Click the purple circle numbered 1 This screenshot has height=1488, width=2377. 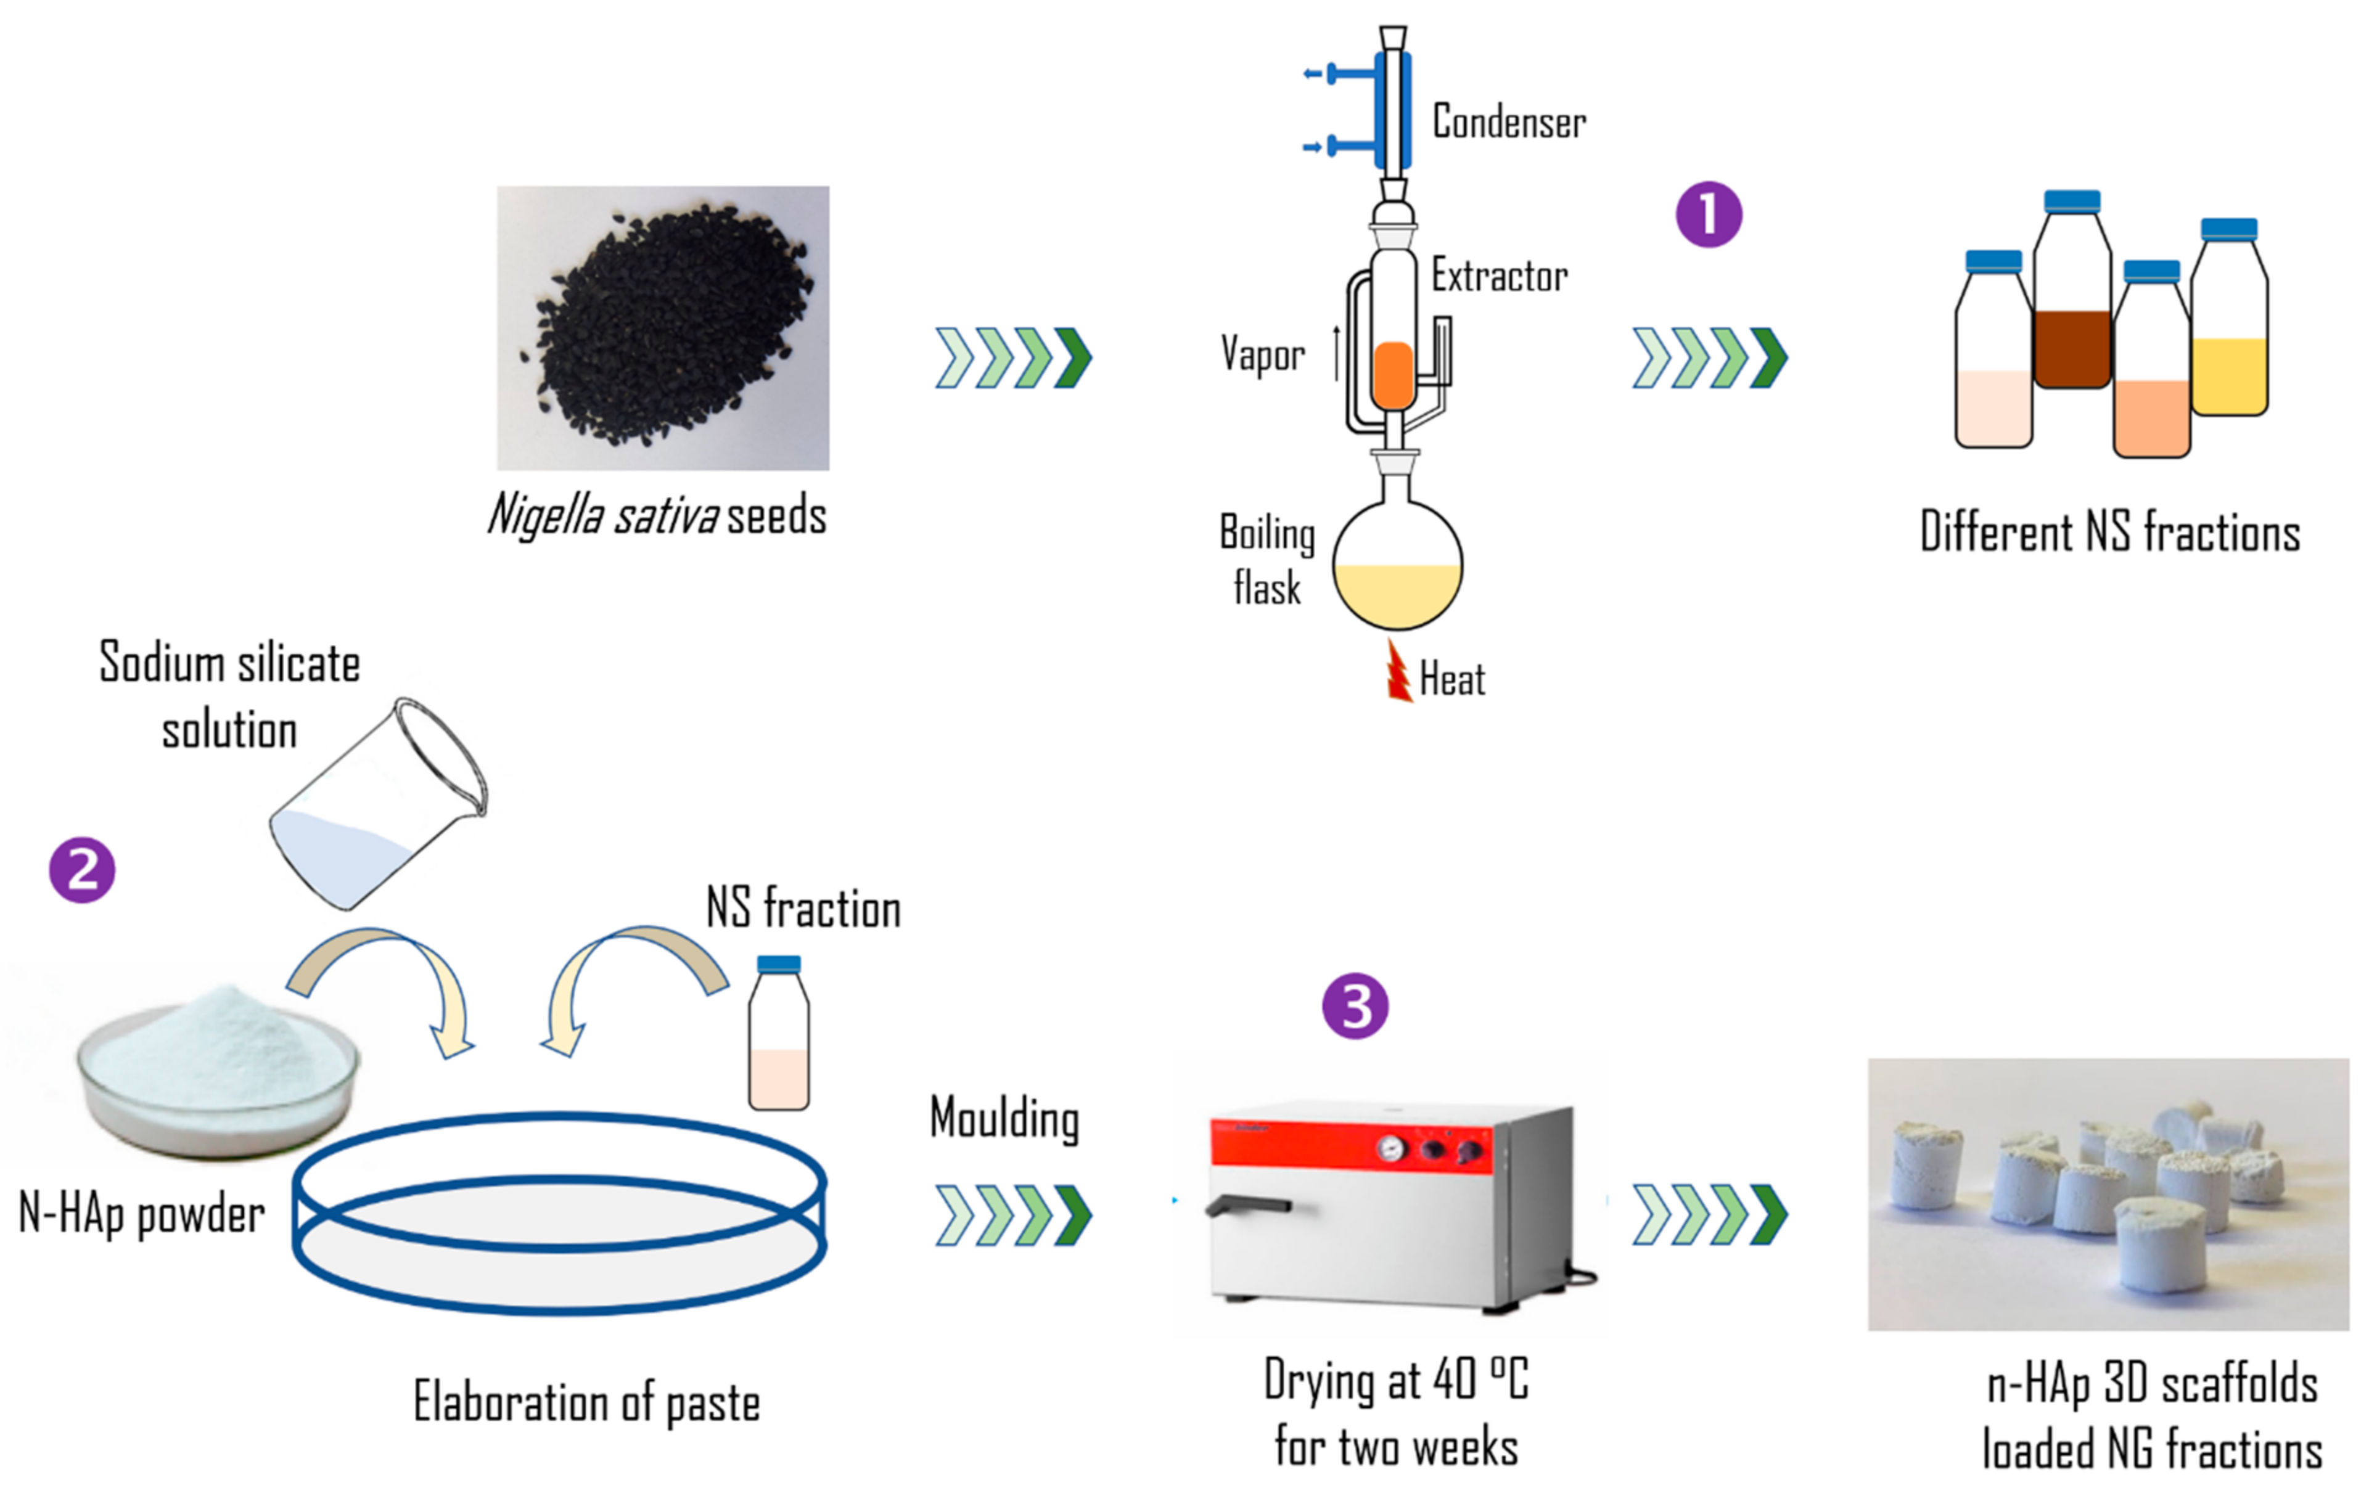click(1709, 213)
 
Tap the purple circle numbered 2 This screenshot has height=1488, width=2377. click(81, 870)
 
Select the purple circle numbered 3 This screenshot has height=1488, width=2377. click(1355, 1007)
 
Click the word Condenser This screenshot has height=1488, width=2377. click(1508, 122)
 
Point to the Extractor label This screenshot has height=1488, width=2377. click(1499, 276)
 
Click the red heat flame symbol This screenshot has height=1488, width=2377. click(1398, 672)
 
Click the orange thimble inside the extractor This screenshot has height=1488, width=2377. click(1393, 375)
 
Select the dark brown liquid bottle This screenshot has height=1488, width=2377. click(2072, 325)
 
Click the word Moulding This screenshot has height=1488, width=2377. click(1004, 1119)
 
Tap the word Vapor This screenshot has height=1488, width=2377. click(1263, 354)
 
